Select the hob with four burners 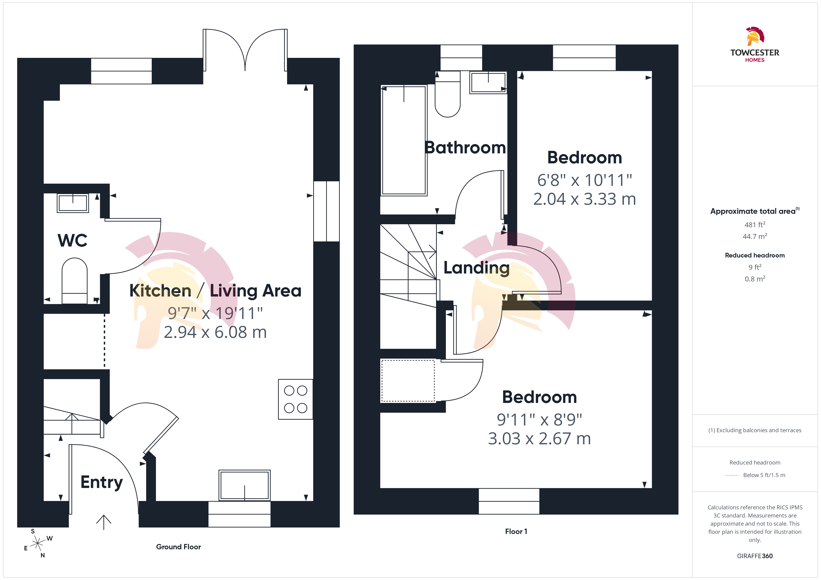(295, 399)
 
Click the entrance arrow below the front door (104, 522)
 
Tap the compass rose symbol (37, 544)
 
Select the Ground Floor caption (178, 547)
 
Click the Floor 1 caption (516, 531)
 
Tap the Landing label (476, 268)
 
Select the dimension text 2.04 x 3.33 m (585, 199)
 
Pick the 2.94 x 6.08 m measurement (215, 332)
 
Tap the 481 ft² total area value (755, 225)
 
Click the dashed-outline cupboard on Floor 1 (408, 381)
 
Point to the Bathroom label (465, 148)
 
